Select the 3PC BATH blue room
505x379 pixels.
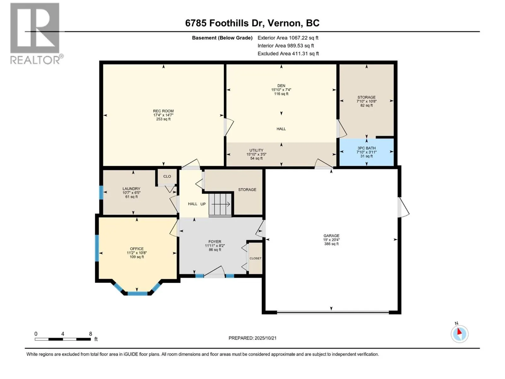(x=366, y=152)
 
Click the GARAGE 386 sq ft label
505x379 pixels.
(x=331, y=240)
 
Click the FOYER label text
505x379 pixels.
(x=215, y=242)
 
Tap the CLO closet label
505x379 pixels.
(x=167, y=177)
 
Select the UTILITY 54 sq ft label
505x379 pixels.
(x=256, y=154)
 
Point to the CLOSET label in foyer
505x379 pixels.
(x=255, y=258)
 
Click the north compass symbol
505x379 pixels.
(x=459, y=334)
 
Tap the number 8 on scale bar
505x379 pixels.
(x=91, y=334)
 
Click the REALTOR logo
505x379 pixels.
(x=35, y=33)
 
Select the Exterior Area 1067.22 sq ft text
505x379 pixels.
(x=288, y=38)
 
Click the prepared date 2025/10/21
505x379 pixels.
(x=252, y=338)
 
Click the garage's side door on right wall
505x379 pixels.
(x=403, y=208)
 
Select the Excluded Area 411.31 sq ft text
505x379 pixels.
(x=288, y=53)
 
